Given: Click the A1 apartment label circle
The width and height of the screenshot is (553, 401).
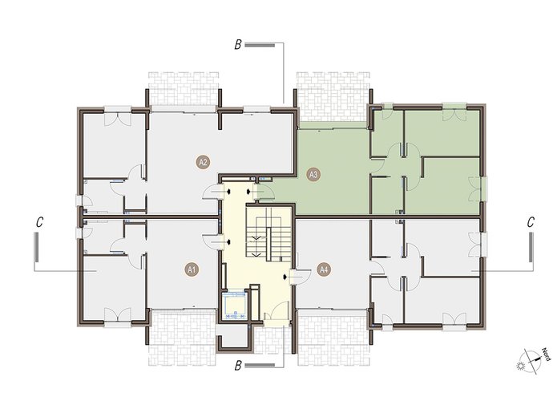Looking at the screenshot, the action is [x=192, y=270].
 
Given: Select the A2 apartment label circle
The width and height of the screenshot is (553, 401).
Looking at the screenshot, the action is [x=203, y=162].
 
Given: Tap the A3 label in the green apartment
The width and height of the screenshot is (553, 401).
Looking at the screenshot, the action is [x=313, y=174].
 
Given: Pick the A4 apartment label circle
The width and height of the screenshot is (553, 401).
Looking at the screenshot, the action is [x=324, y=270].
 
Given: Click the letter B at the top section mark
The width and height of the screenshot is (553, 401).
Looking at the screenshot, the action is [x=238, y=45].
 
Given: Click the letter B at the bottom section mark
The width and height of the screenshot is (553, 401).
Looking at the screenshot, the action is [x=238, y=366].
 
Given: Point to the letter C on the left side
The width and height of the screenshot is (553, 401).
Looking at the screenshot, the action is [x=39, y=222].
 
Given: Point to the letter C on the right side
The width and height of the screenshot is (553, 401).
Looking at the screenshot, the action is [x=531, y=222].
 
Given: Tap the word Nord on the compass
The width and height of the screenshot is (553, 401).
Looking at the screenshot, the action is [x=546, y=354].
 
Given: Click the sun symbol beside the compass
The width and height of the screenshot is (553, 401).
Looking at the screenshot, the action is [x=521, y=366].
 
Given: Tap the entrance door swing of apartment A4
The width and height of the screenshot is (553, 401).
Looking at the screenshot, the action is [x=301, y=277].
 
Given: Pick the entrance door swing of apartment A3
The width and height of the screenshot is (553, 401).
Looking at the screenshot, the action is [x=266, y=192].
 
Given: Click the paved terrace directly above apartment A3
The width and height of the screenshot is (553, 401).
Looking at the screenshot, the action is [x=333, y=96].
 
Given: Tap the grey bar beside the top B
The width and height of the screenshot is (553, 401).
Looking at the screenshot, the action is [x=260, y=45].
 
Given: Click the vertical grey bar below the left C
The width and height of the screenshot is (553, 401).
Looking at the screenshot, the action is [x=36, y=247].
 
